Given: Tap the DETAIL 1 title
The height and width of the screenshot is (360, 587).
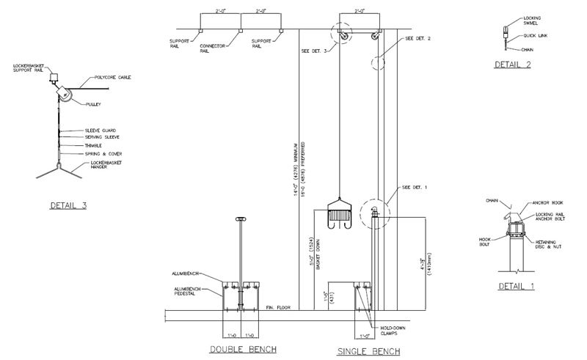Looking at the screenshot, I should (x=517, y=284).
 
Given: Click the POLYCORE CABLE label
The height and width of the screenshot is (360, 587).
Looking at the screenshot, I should (x=114, y=77).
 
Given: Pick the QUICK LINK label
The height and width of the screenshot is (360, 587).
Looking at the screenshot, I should (x=535, y=35).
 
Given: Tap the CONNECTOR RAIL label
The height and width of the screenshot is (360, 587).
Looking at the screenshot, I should (x=213, y=48).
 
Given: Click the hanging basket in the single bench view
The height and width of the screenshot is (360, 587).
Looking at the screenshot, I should (x=339, y=213).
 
